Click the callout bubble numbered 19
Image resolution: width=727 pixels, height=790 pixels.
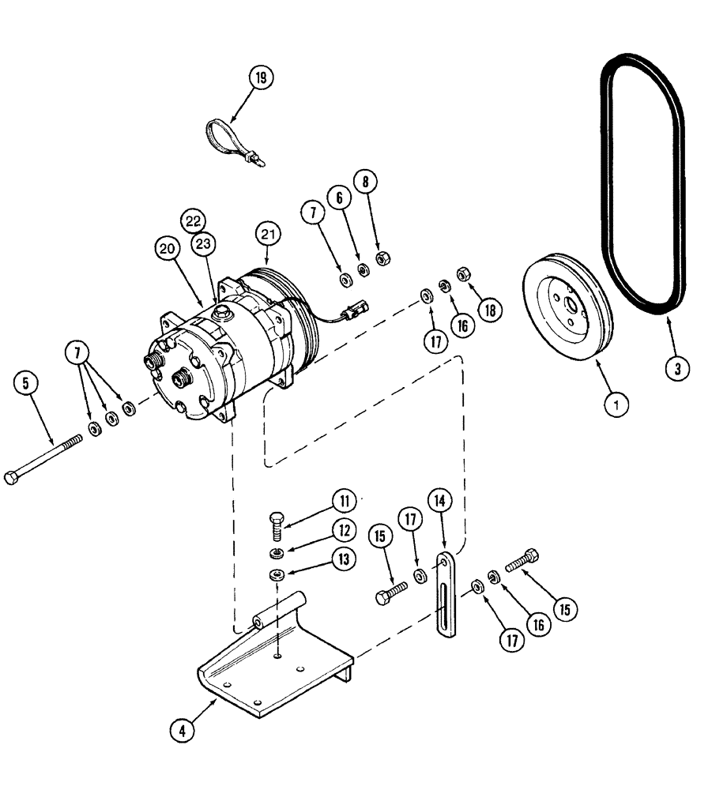[261, 77]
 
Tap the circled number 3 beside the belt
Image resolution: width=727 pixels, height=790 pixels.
[676, 367]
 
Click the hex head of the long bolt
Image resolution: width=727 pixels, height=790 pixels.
[11, 477]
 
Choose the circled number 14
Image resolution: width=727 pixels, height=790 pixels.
[441, 500]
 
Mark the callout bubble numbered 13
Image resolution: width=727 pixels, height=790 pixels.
[341, 559]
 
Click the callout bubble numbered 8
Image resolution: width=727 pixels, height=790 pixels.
[365, 181]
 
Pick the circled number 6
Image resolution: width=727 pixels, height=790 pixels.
[340, 197]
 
